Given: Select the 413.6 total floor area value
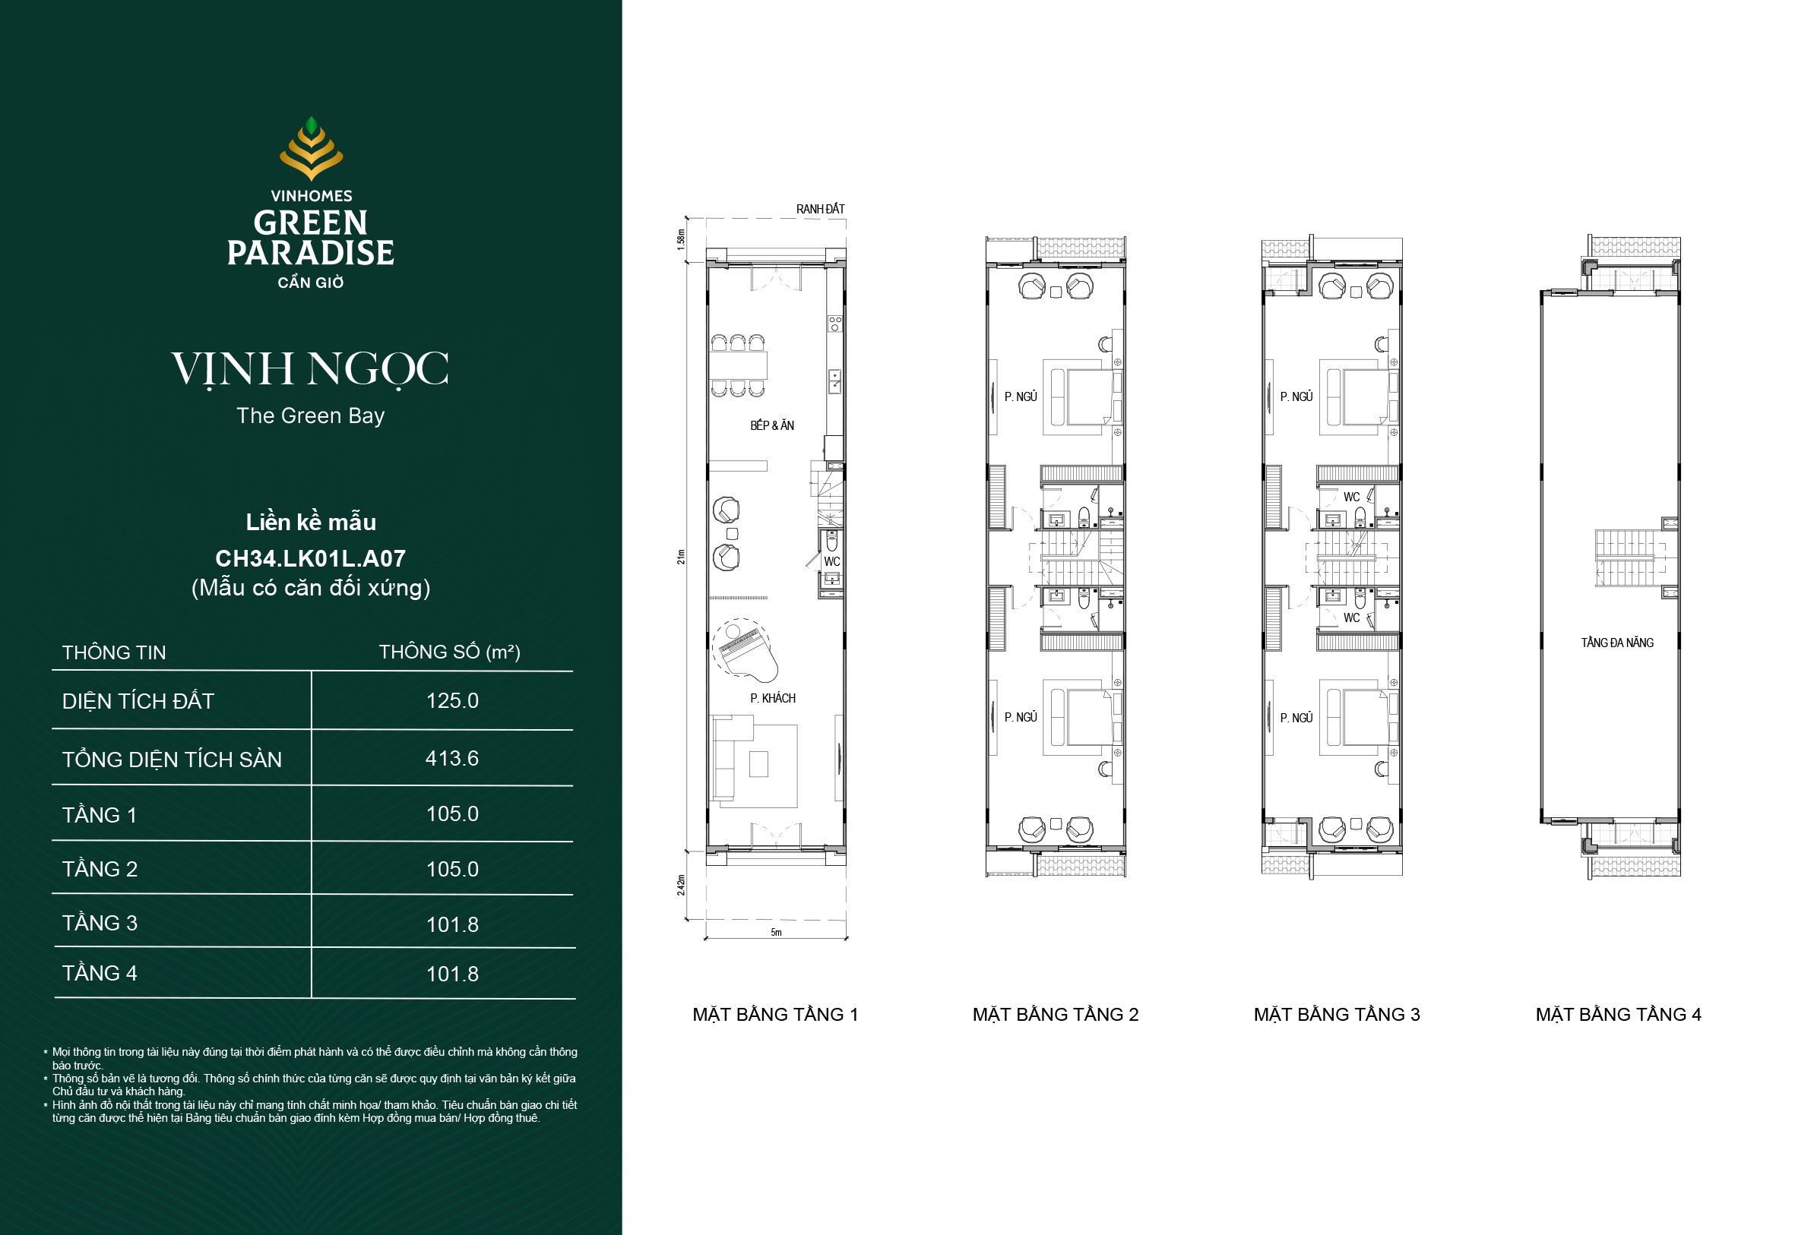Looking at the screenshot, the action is (x=452, y=758).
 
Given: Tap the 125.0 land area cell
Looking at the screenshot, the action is (x=452, y=700).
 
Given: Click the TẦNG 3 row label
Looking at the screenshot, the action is (x=100, y=923).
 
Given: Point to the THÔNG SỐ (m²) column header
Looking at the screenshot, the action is (x=450, y=652).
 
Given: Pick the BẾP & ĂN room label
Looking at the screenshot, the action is (x=771, y=425).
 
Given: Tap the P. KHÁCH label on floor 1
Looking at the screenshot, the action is (x=773, y=698).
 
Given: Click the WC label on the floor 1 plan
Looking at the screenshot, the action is (x=831, y=561).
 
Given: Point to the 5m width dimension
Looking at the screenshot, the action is (x=777, y=932).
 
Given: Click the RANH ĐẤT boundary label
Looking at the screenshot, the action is (x=821, y=209).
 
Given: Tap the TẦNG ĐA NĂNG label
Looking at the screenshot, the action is (x=1617, y=643).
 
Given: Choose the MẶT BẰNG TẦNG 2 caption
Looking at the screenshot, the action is (x=1056, y=1015).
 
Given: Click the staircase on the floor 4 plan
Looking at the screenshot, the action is (x=1625, y=558).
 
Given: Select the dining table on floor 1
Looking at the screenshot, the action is (x=739, y=365).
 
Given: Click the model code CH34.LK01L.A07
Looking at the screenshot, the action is (x=310, y=558).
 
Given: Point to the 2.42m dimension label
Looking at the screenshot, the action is (x=681, y=886).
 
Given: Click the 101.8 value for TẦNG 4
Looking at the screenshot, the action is (x=452, y=974).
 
